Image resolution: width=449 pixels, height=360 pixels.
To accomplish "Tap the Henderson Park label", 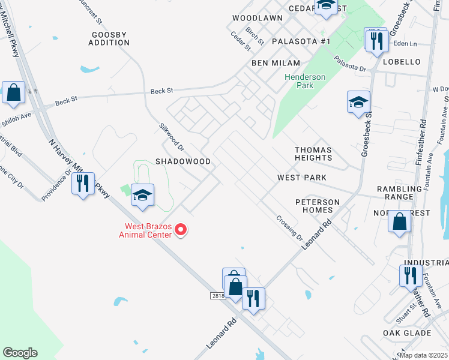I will coord(305,81).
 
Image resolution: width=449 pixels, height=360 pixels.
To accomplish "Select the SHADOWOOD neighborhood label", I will coord(183,162).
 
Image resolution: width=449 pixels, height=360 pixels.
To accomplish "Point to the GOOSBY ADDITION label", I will coord(108,38).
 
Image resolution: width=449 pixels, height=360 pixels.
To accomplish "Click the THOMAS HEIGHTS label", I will coord(313,154).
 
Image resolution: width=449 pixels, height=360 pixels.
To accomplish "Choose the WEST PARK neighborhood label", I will coord(301,178).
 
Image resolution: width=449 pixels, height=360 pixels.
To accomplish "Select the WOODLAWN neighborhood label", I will coord(258,18).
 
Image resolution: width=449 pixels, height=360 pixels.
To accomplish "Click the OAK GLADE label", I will coord(407,333).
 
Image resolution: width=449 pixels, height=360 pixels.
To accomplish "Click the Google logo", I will coord(20,353).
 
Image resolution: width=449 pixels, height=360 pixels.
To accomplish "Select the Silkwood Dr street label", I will coord(171,137).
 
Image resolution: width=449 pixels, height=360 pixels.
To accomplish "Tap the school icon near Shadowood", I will coord(143,195).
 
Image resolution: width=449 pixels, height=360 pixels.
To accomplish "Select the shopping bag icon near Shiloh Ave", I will coord(13,93).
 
